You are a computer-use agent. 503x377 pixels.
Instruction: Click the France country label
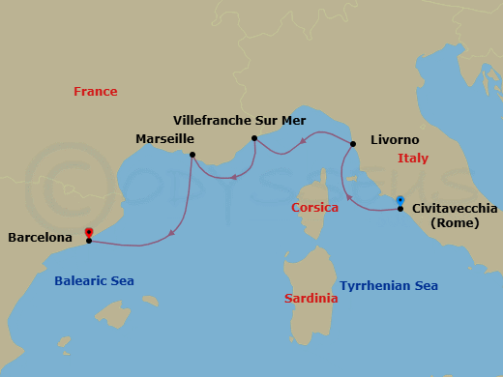(x=96, y=92)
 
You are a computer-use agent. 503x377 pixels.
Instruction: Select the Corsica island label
(x=314, y=208)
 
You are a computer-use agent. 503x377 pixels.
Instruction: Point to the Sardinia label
(x=311, y=299)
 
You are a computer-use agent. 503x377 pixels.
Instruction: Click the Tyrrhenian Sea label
(x=389, y=286)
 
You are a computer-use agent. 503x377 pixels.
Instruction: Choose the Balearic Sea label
(x=94, y=281)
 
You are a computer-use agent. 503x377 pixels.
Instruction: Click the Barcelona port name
(x=40, y=237)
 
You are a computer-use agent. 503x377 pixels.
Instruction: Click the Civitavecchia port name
(x=455, y=208)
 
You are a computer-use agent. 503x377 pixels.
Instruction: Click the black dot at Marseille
(x=193, y=155)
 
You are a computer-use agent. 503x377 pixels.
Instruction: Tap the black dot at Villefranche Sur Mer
(x=253, y=138)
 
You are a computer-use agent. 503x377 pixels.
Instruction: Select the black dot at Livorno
(x=352, y=145)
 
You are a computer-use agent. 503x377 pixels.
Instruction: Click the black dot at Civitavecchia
(x=400, y=209)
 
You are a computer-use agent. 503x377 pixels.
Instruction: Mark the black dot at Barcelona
(x=89, y=241)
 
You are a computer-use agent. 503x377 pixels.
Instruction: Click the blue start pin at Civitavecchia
(x=400, y=200)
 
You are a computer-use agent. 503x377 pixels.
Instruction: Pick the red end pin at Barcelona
(x=89, y=232)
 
